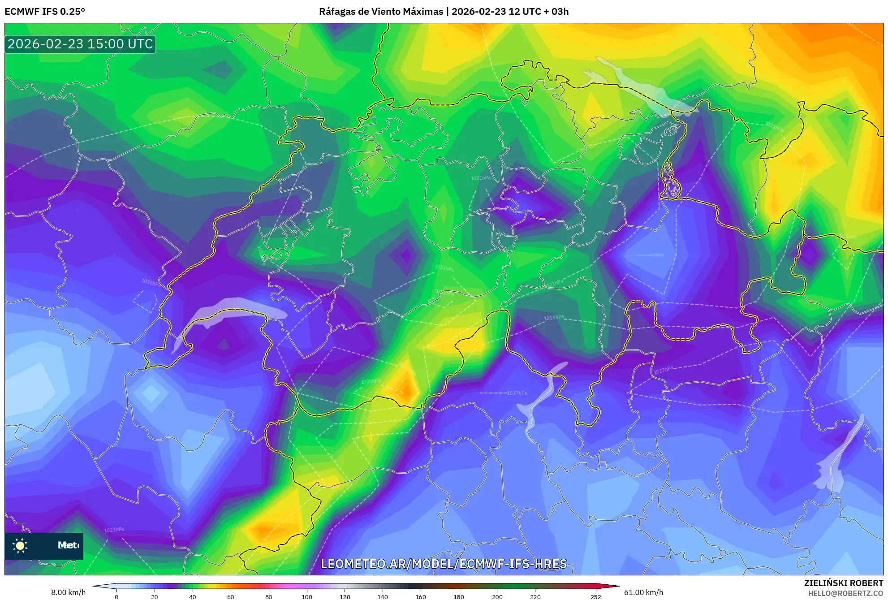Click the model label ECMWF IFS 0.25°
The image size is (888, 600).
click(x=45, y=12)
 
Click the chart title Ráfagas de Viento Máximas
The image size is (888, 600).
click(x=381, y=12)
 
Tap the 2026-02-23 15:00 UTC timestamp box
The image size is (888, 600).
click(x=80, y=44)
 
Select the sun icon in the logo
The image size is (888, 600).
click(x=20, y=545)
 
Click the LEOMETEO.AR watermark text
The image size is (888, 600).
click(x=444, y=564)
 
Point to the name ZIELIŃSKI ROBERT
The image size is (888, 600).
click(x=843, y=583)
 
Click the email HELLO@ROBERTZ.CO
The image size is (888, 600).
click(x=845, y=593)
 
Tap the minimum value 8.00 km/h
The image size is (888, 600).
click(x=68, y=592)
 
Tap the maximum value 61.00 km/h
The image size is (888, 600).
click(x=643, y=592)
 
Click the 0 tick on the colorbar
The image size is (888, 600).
click(x=116, y=596)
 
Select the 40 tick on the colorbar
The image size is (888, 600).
click(x=193, y=596)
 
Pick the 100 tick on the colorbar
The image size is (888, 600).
click(x=307, y=596)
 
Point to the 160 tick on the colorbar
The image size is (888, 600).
click(x=421, y=596)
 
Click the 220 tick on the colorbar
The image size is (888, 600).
click(x=535, y=596)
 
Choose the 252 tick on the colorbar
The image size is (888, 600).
click(x=596, y=596)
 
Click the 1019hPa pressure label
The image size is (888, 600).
click(x=554, y=318)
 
